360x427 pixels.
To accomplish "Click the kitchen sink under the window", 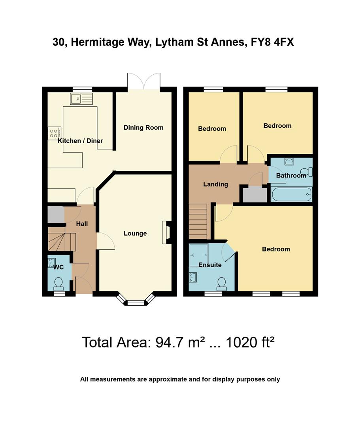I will click(x=81, y=99).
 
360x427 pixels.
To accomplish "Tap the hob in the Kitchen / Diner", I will click(x=54, y=133).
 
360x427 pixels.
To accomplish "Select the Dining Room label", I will click(x=143, y=127).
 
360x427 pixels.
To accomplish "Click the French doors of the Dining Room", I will click(x=144, y=81).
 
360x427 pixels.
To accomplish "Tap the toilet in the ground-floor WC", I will click(x=58, y=283).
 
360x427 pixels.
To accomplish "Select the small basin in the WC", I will click(x=52, y=261).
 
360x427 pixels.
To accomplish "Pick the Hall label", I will click(x=82, y=224).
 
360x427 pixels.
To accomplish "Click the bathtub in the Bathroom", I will click(x=291, y=195).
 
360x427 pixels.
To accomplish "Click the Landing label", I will click(x=215, y=184).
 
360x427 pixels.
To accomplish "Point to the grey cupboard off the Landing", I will click(x=254, y=195).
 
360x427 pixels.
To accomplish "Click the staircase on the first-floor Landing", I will click(x=198, y=221).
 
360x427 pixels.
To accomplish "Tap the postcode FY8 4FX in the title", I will click(x=272, y=42).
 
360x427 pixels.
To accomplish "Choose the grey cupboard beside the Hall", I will click(x=56, y=214).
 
